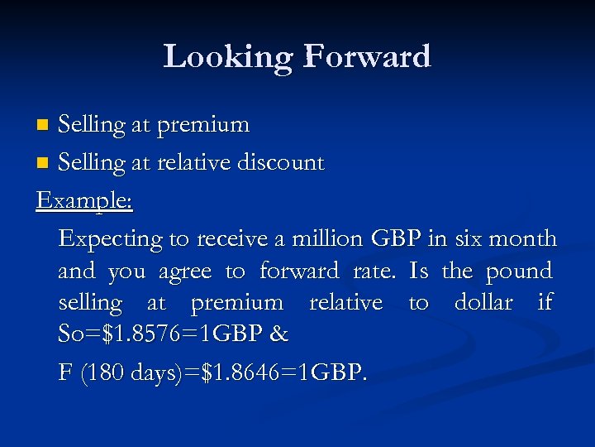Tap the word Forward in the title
pyautogui.click(x=367, y=57)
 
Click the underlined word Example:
pyautogui.click(x=85, y=201)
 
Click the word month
pyautogui.click(x=522, y=239)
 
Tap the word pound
pyautogui.click(x=518, y=272)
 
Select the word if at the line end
pyautogui.click(x=545, y=303)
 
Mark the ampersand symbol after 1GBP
pyautogui.click(x=278, y=334)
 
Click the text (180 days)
pyautogui.click(x=126, y=372)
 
